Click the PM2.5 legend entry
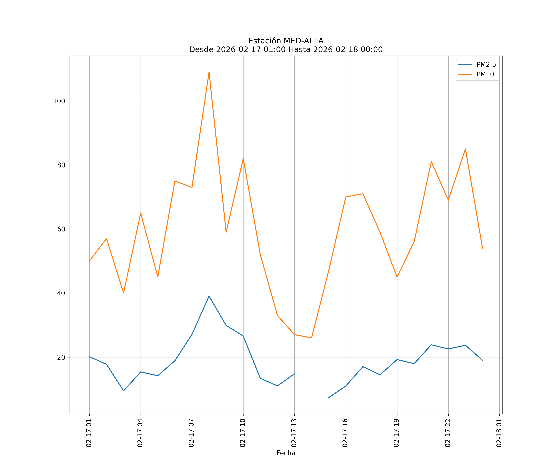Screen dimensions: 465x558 tap(486, 65)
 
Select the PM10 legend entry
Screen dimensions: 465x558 tap(485, 74)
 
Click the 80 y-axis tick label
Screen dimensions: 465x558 tap(61, 165)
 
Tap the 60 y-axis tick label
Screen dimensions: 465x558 tap(61, 229)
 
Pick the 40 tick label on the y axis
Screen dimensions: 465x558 tap(61, 293)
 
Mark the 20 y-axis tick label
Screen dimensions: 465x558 tap(61, 357)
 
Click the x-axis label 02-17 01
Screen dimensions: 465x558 tap(89, 433)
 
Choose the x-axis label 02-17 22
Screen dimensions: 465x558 tap(448, 433)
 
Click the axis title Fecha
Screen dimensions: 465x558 tap(286, 453)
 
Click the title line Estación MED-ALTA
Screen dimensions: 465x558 tap(286, 41)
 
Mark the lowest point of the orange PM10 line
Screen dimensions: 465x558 tap(311, 338)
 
